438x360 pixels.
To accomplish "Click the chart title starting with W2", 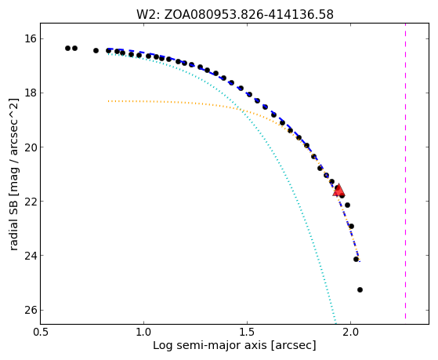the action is coord(235,14).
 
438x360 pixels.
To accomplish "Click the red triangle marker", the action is coord(338,191).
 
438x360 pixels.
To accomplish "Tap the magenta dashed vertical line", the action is coord(405,171).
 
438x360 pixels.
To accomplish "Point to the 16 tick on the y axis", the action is coord(31,38).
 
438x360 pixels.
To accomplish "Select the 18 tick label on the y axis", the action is coord(31,93).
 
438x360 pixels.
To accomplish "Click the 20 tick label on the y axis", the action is coord(31,147).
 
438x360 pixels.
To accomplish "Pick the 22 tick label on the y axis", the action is coord(31,202).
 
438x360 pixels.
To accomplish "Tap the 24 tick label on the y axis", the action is coord(31,256).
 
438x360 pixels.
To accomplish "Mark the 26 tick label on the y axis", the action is coord(31,311).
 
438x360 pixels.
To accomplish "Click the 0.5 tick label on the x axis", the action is coord(41,333).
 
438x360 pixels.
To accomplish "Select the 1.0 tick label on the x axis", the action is coord(144,333).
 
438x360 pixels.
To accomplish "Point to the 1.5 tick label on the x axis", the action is coord(248,333).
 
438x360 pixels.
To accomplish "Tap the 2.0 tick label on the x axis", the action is coord(350,333).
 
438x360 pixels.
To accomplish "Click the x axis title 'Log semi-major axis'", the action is coord(210,346).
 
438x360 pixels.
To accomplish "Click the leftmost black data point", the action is coord(67,49).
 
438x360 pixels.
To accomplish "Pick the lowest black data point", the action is coord(360,289).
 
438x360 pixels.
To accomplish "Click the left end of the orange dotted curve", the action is coord(108,101).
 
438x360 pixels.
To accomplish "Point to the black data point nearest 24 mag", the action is coord(357,260).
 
